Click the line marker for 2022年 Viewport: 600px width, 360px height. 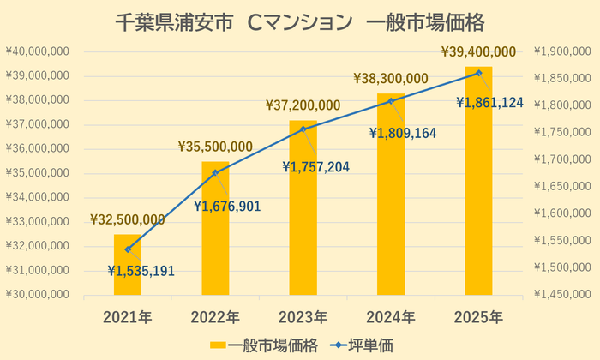(215, 172)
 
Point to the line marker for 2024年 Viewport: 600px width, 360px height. (391, 101)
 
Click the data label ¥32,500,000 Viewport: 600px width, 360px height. (128, 220)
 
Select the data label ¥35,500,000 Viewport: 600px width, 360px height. (215, 147)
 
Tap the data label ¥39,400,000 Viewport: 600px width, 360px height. (478, 52)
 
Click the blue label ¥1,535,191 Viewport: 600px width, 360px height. (141, 271)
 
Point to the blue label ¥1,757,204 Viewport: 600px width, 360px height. (315, 166)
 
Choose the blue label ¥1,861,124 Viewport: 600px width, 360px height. (489, 103)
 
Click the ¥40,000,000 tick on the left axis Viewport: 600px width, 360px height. (36, 51)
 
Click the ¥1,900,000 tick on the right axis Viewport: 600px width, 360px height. (562, 51)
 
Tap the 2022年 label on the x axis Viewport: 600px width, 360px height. (215, 317)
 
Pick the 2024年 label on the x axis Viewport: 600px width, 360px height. (391, 317)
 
